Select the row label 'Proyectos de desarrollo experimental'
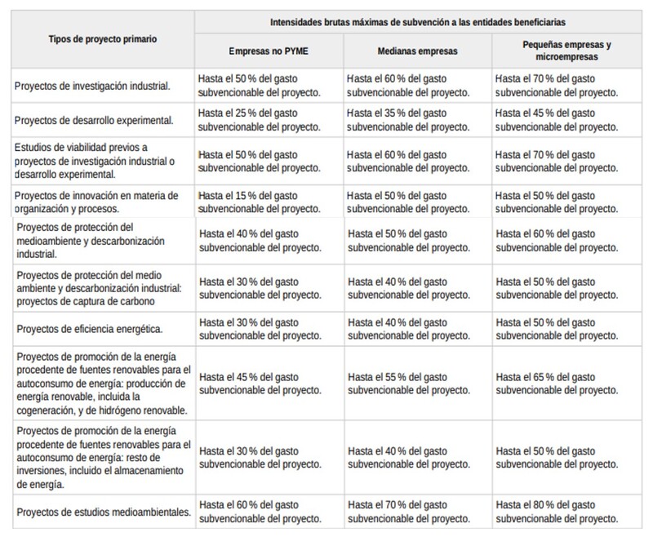pos(94,121)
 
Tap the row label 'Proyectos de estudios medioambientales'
pos(102,513)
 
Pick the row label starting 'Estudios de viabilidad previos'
pos(94,160)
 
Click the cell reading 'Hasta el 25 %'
pos(260,121)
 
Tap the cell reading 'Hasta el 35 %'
pos(407,121)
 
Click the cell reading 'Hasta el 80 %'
pos(556,513)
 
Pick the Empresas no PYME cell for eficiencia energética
pos(260,329)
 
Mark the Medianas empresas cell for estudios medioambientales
pos(407,513)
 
